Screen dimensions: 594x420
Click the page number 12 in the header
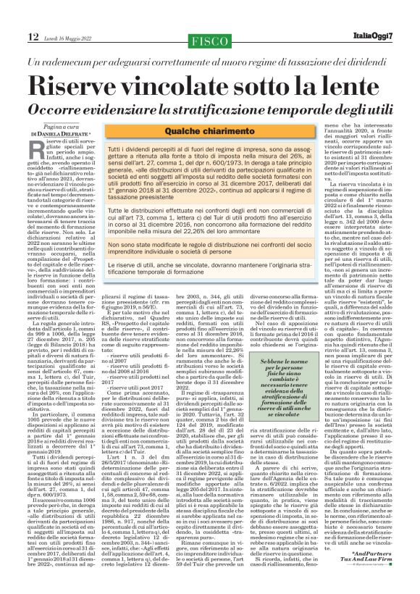point(33,36)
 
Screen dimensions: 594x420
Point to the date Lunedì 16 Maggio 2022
point(70,37)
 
